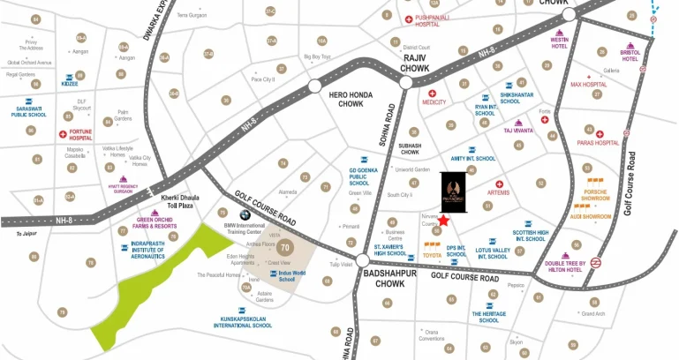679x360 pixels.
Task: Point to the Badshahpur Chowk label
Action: click(x=383, y=279)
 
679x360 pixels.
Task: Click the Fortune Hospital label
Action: click(x=80, y=135)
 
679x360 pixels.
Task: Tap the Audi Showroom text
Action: click(x=591, y=214)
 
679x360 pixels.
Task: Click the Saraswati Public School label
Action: click(x=28, y=111)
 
